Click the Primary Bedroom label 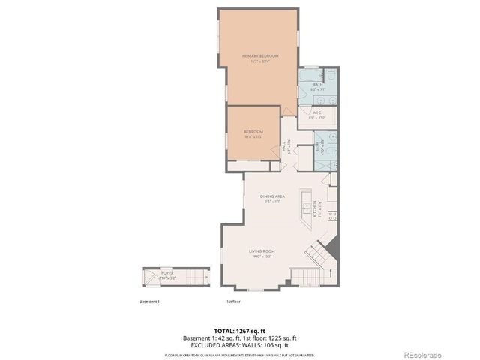(259, 58)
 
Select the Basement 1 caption (149, 301)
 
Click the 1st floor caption (233, 301)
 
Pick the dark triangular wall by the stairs (332, 247)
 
